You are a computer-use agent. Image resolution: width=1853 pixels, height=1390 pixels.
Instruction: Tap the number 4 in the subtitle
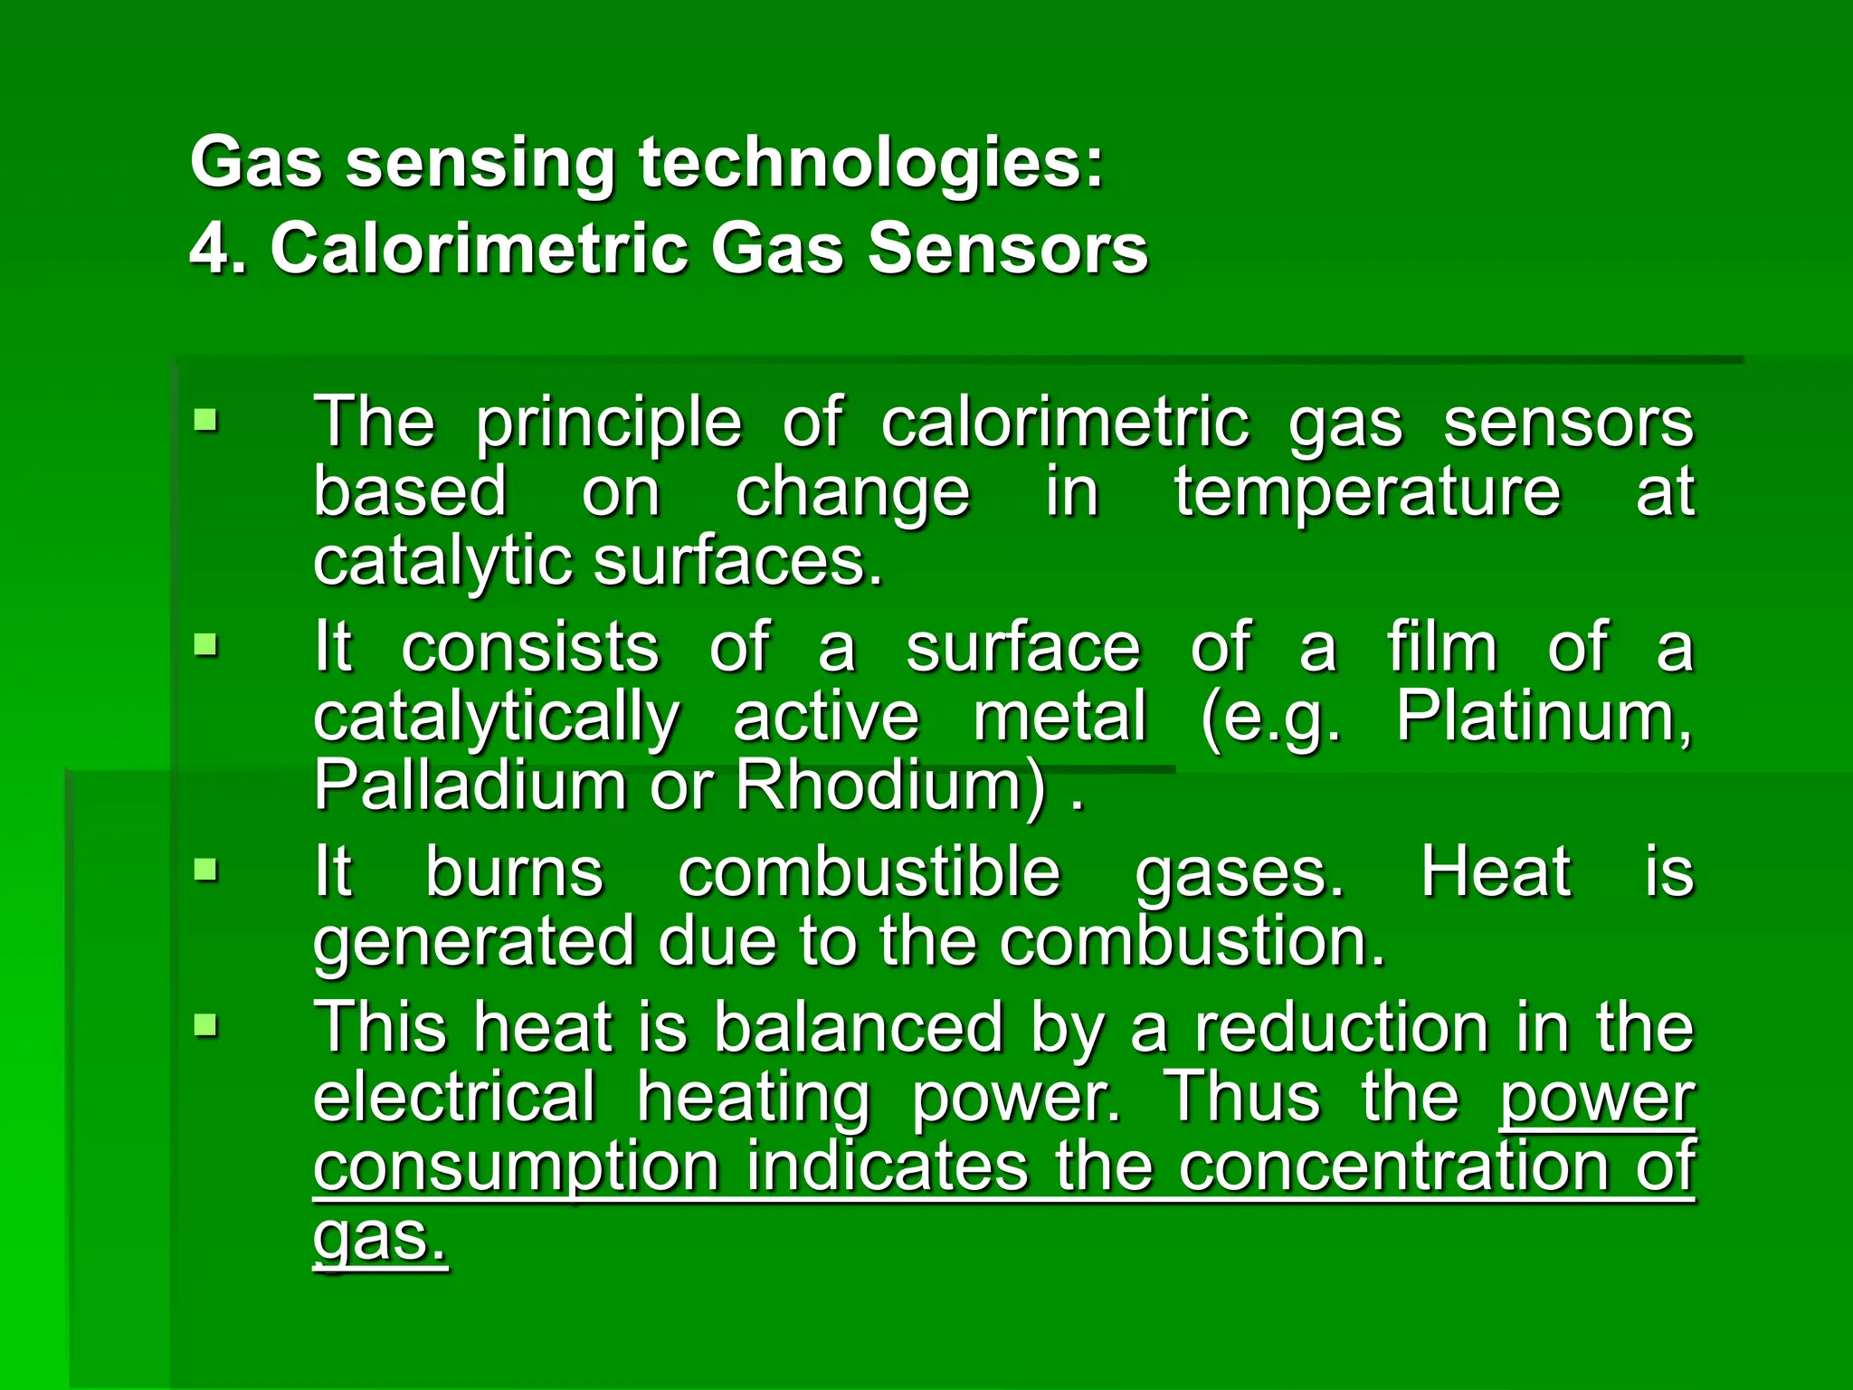coord(207,248)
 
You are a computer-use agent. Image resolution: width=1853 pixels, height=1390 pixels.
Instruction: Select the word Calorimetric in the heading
coord(480,248)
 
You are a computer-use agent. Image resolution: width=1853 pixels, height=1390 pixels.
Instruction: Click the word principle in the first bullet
coord(609,423)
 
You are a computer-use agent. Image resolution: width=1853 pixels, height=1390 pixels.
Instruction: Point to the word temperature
coord(1367,492)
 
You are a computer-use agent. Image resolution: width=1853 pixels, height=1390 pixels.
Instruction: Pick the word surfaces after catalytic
coord(737,561)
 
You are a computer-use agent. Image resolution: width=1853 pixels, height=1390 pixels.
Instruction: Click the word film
coord(1442,647)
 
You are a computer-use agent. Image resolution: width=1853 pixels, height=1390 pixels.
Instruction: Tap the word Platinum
coord(1544,717)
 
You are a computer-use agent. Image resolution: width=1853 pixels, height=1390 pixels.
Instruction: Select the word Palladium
coord(470,785)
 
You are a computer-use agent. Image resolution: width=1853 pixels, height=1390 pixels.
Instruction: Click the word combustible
coord(869,872)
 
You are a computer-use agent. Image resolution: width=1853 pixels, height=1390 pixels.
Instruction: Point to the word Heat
coord(1496,872)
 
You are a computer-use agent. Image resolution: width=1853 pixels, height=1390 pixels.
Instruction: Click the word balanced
coord(859,1028)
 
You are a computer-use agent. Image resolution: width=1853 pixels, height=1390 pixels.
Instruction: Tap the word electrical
coord(455,1097)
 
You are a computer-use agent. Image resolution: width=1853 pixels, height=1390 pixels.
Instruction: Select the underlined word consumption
coord(517,1166)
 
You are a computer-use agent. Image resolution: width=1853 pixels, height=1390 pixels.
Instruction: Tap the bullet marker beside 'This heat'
coord(206,1026)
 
